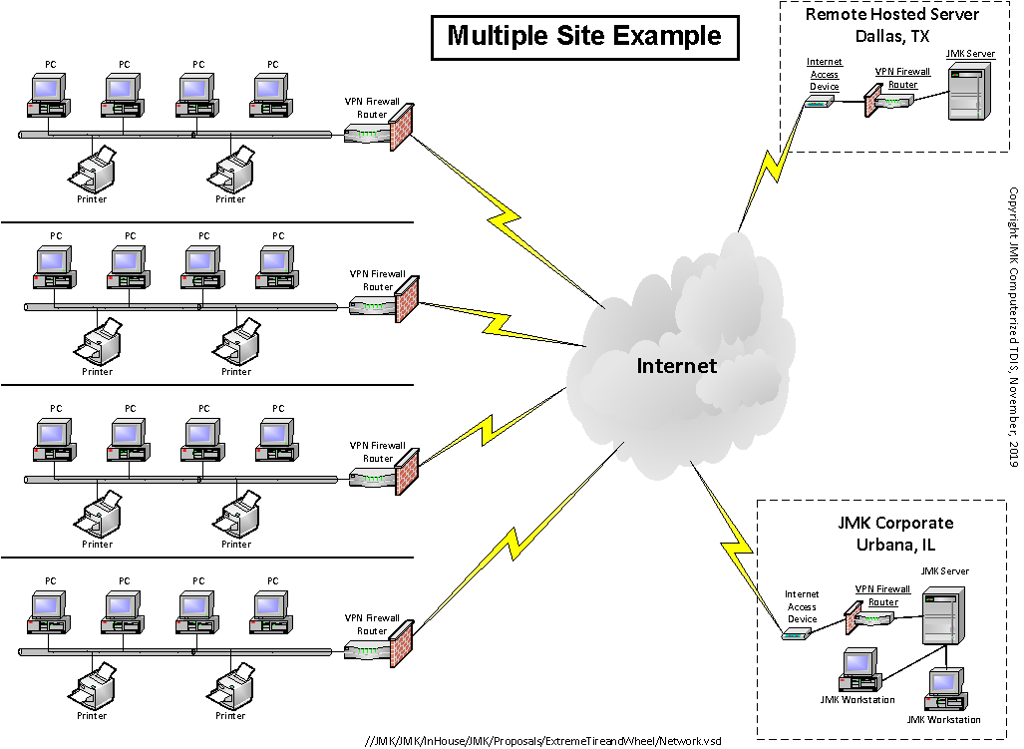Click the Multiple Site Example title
[x=583, y=37]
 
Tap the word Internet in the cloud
[x=676, y=366]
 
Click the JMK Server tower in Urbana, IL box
[x=940, y=617]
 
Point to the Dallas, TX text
[x=891, y=37]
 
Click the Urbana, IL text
[x=894, y=545]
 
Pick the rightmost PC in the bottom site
[x=270, y=610]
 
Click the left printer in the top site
[x=93, y=171]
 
